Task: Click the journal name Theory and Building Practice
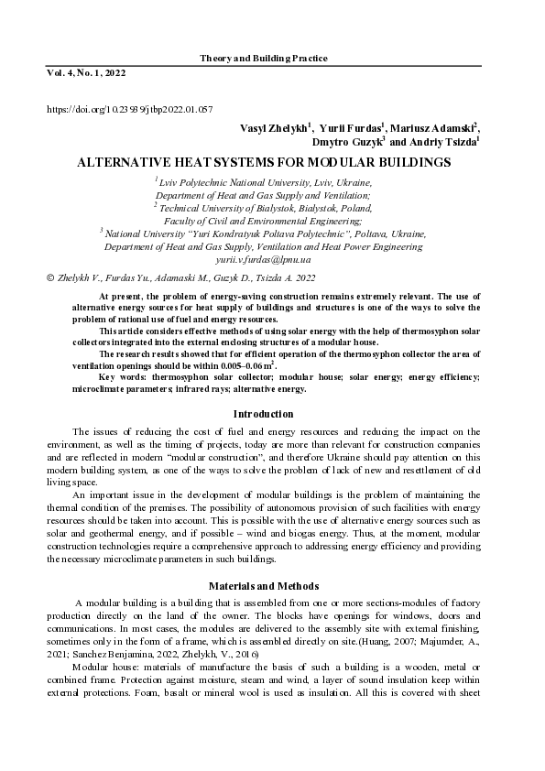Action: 263,58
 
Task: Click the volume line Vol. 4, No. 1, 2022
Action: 86,71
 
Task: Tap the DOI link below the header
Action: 129,110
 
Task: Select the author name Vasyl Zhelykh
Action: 274,128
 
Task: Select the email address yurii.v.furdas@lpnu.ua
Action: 263,260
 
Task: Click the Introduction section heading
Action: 263,414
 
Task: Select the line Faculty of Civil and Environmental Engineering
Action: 263,221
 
